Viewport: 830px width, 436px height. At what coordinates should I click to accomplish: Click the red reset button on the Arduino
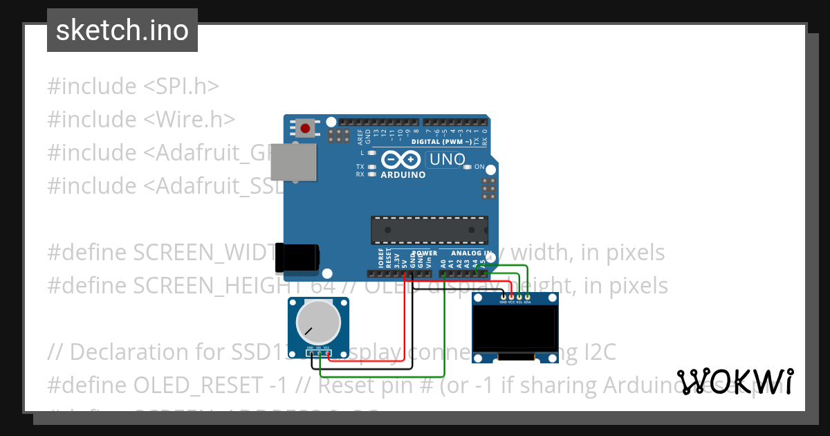[305, 128]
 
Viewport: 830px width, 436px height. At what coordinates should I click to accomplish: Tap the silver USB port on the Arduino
[293, 163]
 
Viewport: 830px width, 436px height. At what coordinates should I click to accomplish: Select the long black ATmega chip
[429, 230]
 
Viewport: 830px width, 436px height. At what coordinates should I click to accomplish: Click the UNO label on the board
[448, 159]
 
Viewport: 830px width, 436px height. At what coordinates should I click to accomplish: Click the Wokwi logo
[735, 381]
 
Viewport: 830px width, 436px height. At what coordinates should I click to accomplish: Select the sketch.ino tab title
[122, 30]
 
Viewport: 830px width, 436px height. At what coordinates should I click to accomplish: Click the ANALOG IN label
[471, 253]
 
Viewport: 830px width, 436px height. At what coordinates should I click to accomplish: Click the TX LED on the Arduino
[371, 167]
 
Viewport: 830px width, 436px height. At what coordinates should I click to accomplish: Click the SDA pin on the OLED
[528, 297]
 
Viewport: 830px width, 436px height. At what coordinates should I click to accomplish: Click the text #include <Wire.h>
[141, 120]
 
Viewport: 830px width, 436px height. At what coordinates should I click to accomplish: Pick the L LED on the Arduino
[371, 152]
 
